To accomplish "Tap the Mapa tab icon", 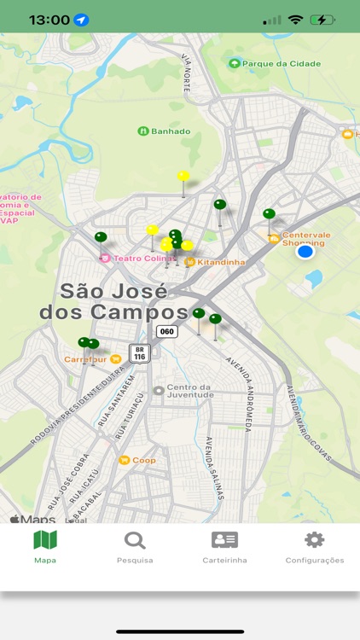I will coord(44,540).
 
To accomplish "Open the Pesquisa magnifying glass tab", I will coord(135,540).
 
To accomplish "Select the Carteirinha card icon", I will coord(224,540).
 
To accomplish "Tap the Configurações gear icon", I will coord(315,540).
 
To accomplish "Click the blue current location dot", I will coord(305,251).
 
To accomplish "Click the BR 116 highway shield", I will coord(139,353).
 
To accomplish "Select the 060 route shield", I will coord(167,331).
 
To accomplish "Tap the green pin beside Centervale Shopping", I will coord(269,214).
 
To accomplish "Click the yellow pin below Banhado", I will coord(183,177).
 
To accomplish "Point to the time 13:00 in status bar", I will coord(49,19).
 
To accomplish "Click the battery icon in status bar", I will coord(322,19).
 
